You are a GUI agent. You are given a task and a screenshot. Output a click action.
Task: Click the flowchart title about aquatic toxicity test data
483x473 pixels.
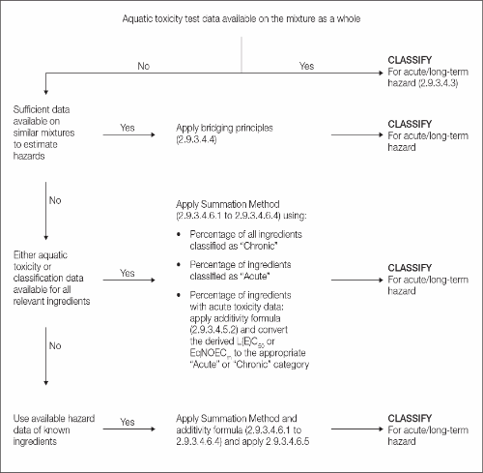tap(241, 18)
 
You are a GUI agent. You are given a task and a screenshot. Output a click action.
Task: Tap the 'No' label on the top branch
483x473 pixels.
tap(144, 68)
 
